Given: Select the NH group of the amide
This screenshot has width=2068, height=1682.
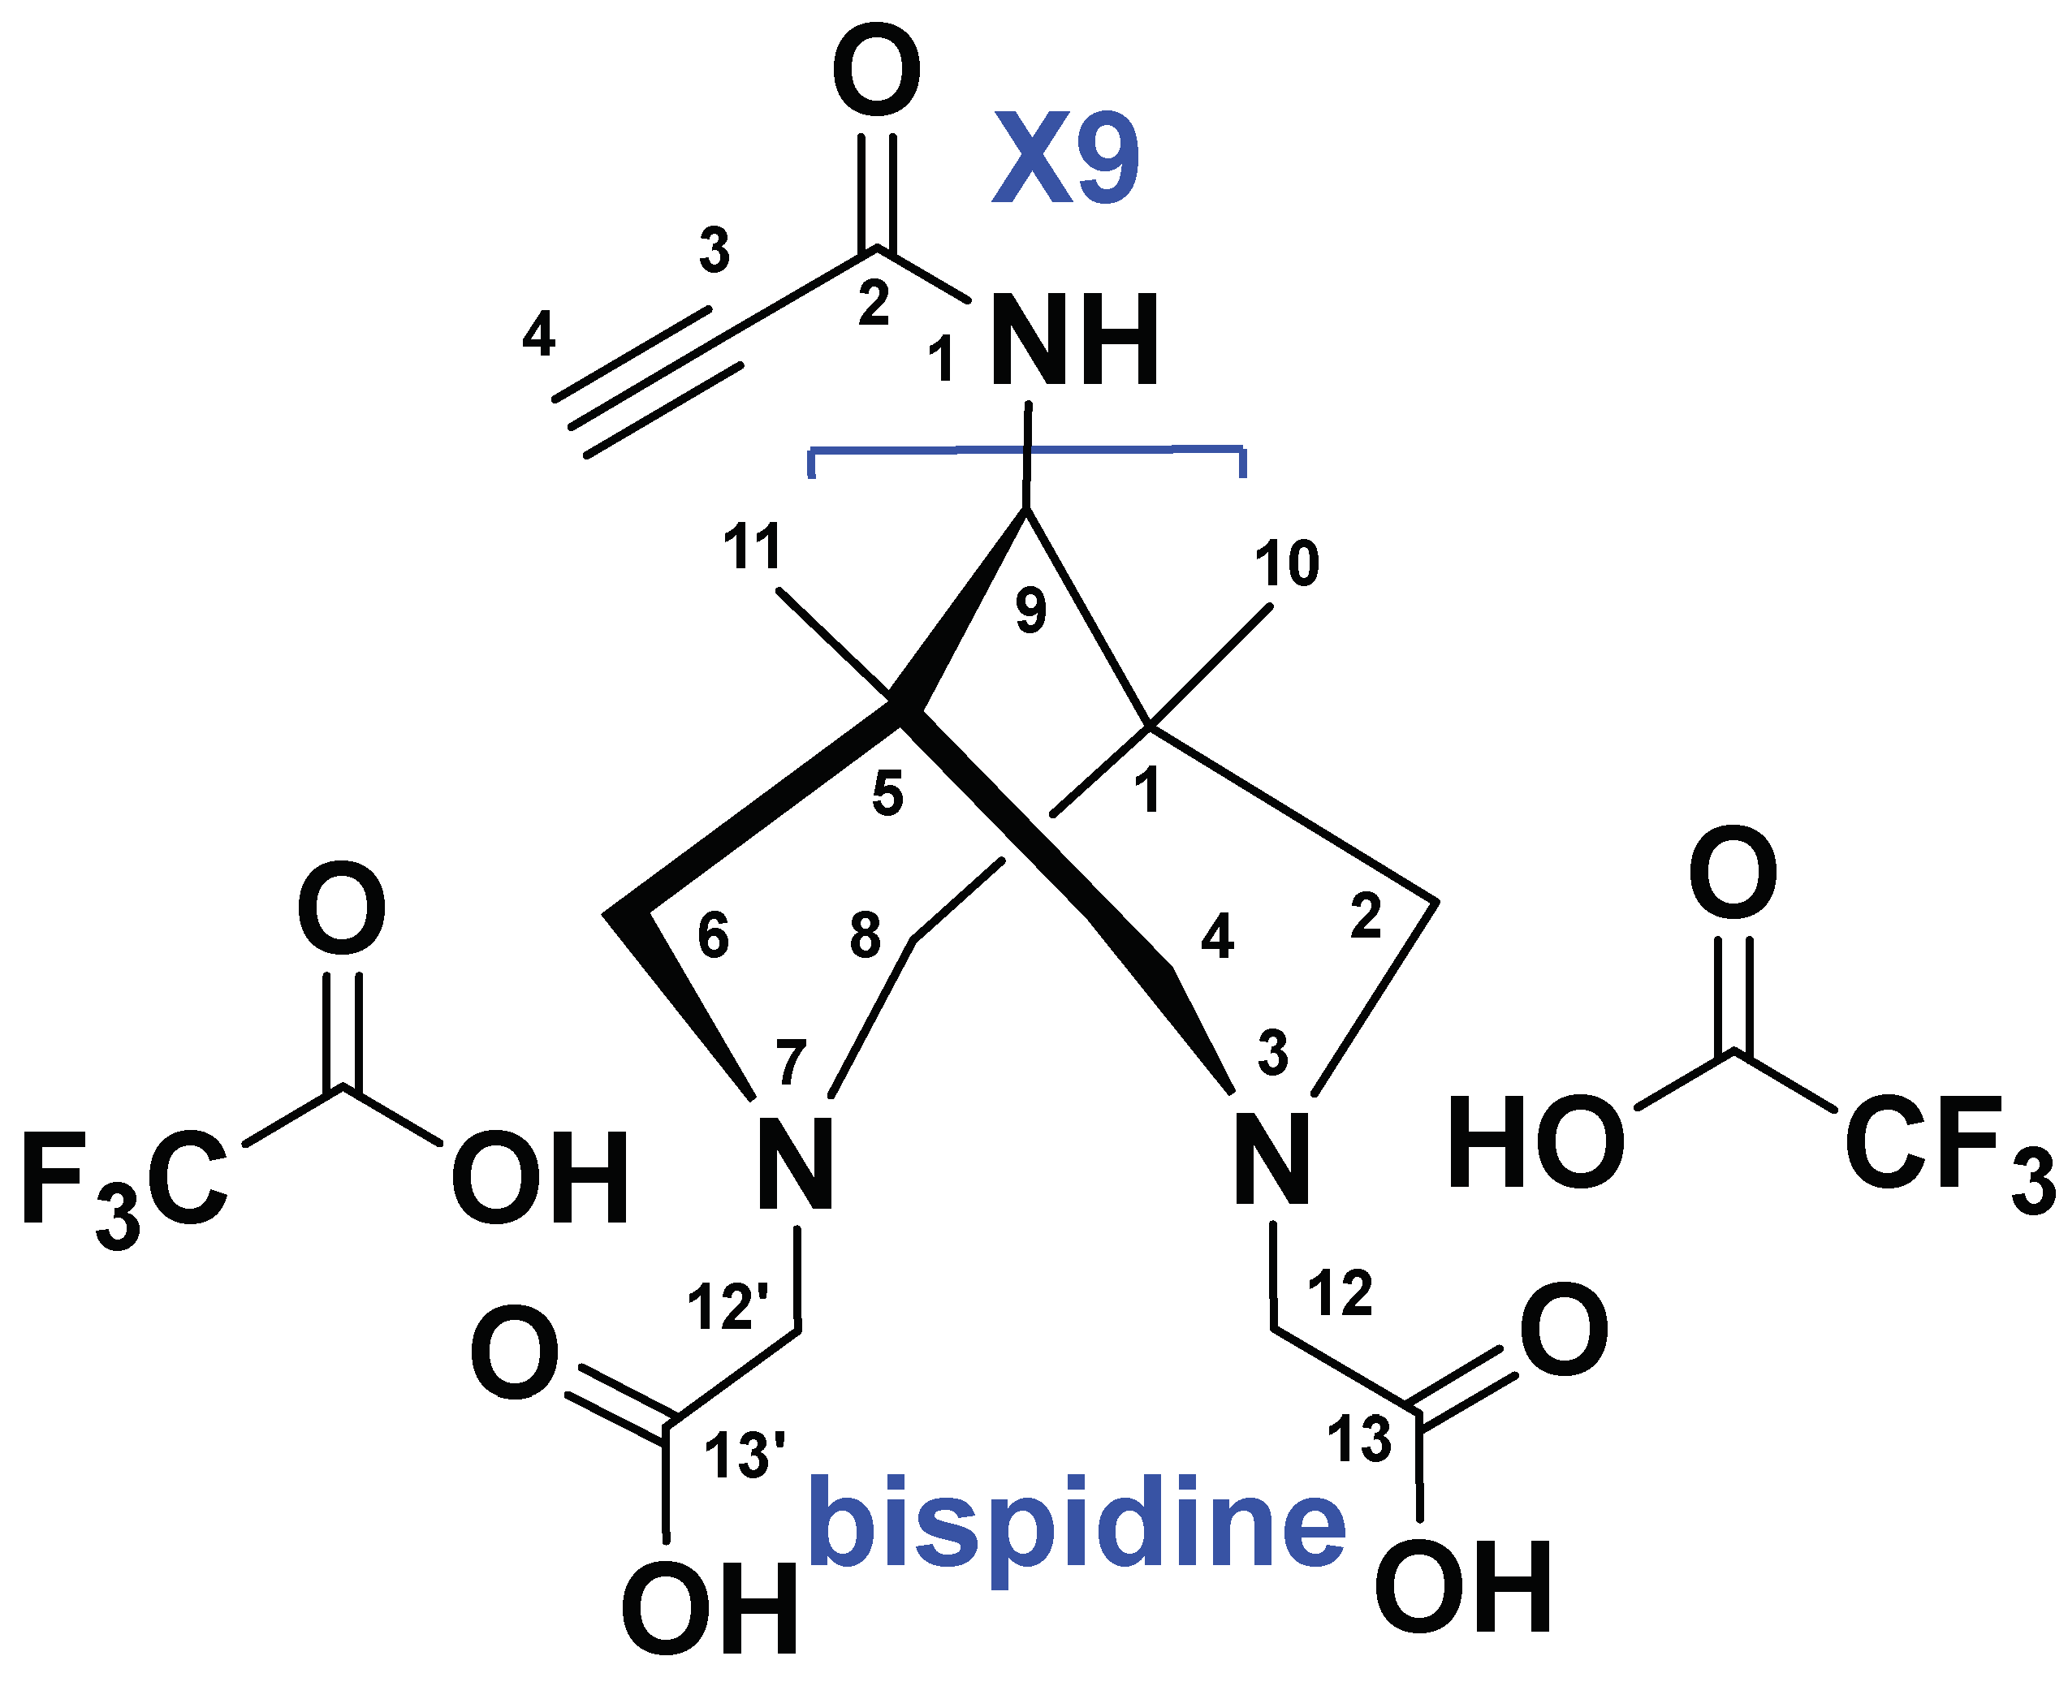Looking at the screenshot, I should point(1073,341).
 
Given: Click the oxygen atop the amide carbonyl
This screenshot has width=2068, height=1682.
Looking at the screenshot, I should point(876,73).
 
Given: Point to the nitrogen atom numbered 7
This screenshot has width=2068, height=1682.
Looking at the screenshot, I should point(795,1162).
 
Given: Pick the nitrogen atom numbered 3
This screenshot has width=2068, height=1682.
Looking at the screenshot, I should point(1272,1158).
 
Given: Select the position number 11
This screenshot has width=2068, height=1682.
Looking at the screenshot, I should point(753,547).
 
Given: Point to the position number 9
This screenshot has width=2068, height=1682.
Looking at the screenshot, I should point(1031,610).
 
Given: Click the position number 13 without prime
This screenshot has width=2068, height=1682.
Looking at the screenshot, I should point(1358,1438).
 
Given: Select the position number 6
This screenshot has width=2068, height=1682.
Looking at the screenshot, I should point(713,936).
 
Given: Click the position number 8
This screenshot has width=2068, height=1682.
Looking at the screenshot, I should point(866,935).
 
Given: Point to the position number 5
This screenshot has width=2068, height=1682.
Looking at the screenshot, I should point(887,795).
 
